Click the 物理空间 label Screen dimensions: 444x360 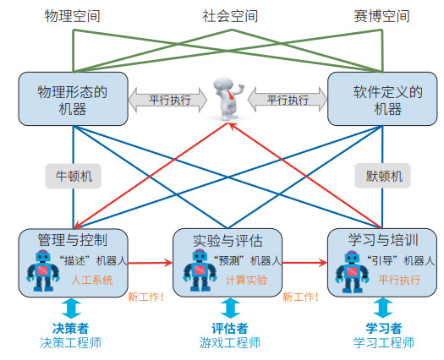[x=72, y=16]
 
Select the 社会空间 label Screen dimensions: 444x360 [x=230, y=16]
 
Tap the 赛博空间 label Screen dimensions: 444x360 [x=381, y=16]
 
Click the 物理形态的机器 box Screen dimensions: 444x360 [x=73, y=99]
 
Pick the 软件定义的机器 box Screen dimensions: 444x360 [x=382, y=99]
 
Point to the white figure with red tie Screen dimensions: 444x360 [x=229, y=99]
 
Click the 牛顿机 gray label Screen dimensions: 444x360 [x=74, y=176]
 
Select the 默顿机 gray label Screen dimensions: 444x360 [x=382, y=176]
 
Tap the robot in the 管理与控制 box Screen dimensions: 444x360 [x=43, y=270]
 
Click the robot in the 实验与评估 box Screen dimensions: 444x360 [x=200, y=270]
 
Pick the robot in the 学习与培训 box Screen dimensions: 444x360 [x=352, y=271]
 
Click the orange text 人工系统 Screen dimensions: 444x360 [x=92, y=281]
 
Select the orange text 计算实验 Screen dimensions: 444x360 [x=246, y=281]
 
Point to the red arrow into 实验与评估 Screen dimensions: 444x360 [x=151, y=263]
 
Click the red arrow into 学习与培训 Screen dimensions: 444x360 [x=304, y=263]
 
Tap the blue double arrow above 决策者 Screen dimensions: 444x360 [x=71, y=308]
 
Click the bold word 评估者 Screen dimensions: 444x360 [x=230, y=329]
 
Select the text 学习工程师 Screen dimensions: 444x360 [x=384, y=343]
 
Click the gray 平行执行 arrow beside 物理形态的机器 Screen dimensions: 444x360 [x=168, y=100]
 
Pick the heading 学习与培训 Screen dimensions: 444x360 [x=383, y=240]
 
